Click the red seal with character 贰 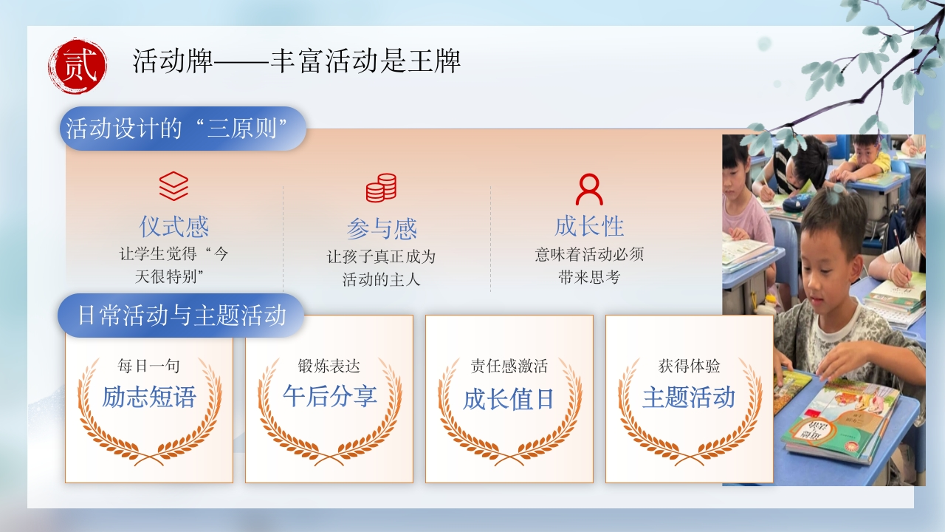click(78, 66)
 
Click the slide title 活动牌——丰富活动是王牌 click(296, 61)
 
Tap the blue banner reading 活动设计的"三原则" click(182, 129)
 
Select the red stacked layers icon click(173, 185)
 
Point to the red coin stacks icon click(381, 188)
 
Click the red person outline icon click(589, 188)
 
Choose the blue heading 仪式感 click(173, 227)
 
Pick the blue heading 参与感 click(382, 229)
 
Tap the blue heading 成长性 click(589, 226)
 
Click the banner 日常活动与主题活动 click(181, 316)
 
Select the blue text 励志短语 click(149, 397)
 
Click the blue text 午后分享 click(329, 396)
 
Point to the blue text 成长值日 click(509, 399)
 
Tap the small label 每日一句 click(148, 366)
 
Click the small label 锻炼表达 click(329, 366)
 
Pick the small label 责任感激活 click(509, 366)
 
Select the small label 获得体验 click(689, 366)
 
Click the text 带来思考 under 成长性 click(589, 277)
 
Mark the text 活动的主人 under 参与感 click(381, 279)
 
